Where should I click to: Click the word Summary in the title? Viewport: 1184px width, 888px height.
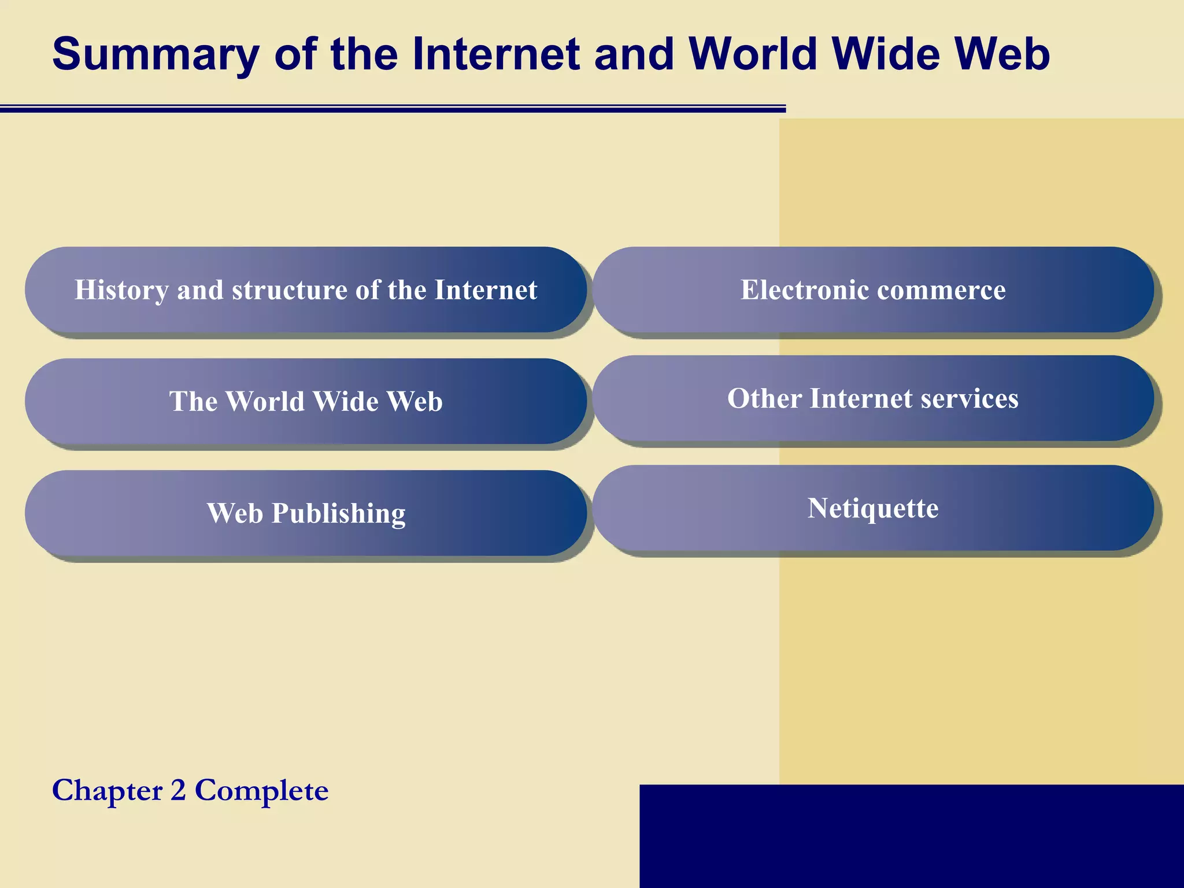[156, 55]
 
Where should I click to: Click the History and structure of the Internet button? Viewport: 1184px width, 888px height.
[306, 290]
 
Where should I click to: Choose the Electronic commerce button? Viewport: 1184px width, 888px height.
[873, 290]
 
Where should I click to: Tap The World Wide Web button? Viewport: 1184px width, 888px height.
[306, 401]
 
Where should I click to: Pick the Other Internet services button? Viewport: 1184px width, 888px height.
[873, 398]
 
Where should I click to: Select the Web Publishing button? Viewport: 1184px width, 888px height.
[306, 513]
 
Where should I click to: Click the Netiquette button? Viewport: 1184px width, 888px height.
[873, 508]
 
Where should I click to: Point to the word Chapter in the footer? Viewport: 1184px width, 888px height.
[108, 790]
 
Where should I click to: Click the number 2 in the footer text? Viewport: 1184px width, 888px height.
[178, 790]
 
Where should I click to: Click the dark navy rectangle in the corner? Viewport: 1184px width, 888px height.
[911, 836]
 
